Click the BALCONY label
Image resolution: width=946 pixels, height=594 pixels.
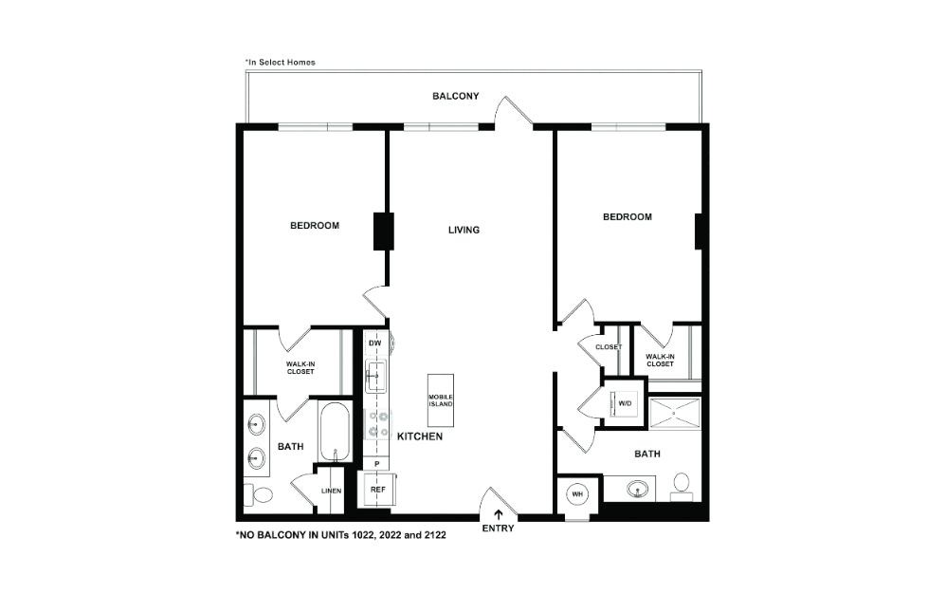pyautogui.click(x=455, y=96)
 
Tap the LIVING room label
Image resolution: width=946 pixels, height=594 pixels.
pyautogui.click(x=464, y=230)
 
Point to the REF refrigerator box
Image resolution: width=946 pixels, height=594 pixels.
pyautogui.click(x=377, y=490)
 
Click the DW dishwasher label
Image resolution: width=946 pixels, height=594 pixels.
pyautogui.click(x=375, y=343)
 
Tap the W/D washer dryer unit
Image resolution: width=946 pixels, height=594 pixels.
pyautogui.click(x=625, y=402)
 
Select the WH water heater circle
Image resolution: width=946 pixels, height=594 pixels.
pyautogui.click(x=578, y=494)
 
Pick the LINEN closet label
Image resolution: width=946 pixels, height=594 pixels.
pyautogui.click(x=330, y=491)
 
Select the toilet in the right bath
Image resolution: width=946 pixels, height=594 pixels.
pyautogui.click(x=681, y=485)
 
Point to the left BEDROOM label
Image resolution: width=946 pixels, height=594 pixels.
pyautogui.click(x=314, y=225)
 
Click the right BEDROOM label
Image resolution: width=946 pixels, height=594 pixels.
pyautogui.click(x=628, y=216)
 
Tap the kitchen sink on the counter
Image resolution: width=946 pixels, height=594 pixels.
pyautogui.click(x=376, y=376)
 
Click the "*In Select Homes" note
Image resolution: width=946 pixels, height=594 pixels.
pyautogui.click(x=281, y=63)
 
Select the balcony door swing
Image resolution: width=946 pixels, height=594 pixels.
pyautogui.click(x=512, y=111)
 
